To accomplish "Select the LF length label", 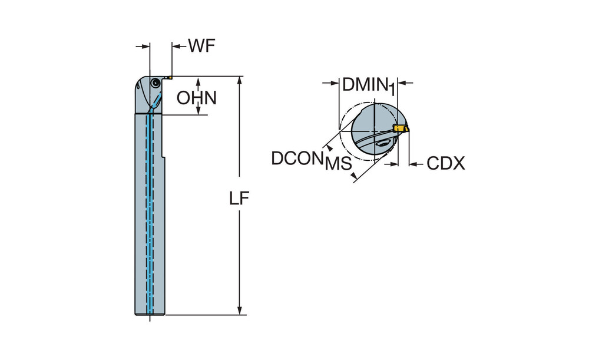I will tap(240, 199).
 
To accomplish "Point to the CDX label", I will tap(445, 163).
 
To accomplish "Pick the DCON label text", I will tap(297, 158).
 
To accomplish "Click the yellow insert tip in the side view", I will tap(168, 76).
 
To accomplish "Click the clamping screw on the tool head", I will tap(155, 84).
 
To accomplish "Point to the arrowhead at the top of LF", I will tap(240, 81).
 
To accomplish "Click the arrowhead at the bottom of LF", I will tap(240, 310).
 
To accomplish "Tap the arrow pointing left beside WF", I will tap(177, 45).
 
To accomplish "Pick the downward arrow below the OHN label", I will tap(198, 110).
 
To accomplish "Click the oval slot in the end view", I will tap(382, 143).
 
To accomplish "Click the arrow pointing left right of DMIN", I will tap(405, 83).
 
